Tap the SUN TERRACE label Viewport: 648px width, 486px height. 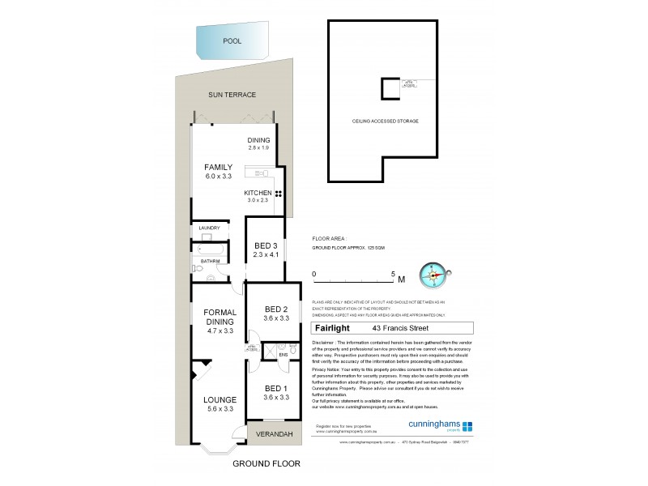click(228, 95)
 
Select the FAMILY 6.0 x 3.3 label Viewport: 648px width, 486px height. click(218, 172)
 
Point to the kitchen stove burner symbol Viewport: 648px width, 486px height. click(278, 193)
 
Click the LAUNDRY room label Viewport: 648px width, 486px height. click(209, 228)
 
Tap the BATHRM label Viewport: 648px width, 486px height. click(211, 261)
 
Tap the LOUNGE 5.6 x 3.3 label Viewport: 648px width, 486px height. click(220, 404)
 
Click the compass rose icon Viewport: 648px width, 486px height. click(434, 275)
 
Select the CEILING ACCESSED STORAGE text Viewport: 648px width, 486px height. click(385, 120)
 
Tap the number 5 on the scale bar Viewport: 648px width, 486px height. click(392, 274)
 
